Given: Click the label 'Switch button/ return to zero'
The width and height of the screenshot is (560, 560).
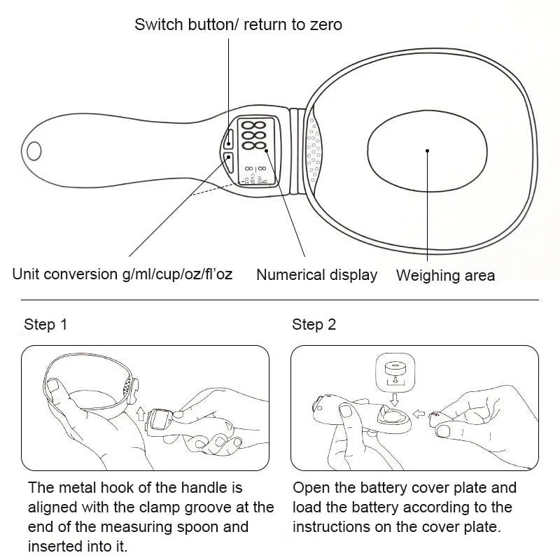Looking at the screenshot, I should pos(238,25).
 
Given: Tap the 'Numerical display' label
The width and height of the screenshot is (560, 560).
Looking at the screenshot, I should pos(316,275).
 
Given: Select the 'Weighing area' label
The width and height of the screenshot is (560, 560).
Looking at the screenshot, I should pos(445,275).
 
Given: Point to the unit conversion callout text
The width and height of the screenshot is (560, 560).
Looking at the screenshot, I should pos(122,274).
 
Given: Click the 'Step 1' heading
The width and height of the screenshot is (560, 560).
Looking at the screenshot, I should pos(45,325).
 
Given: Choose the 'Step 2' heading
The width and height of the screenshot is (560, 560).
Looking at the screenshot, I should pos(314,325).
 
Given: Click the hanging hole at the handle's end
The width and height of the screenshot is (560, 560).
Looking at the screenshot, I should pos(34,149).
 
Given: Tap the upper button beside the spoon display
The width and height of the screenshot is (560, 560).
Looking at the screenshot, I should pos(230,138).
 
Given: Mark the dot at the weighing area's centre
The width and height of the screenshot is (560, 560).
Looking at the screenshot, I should pos(427,149).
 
